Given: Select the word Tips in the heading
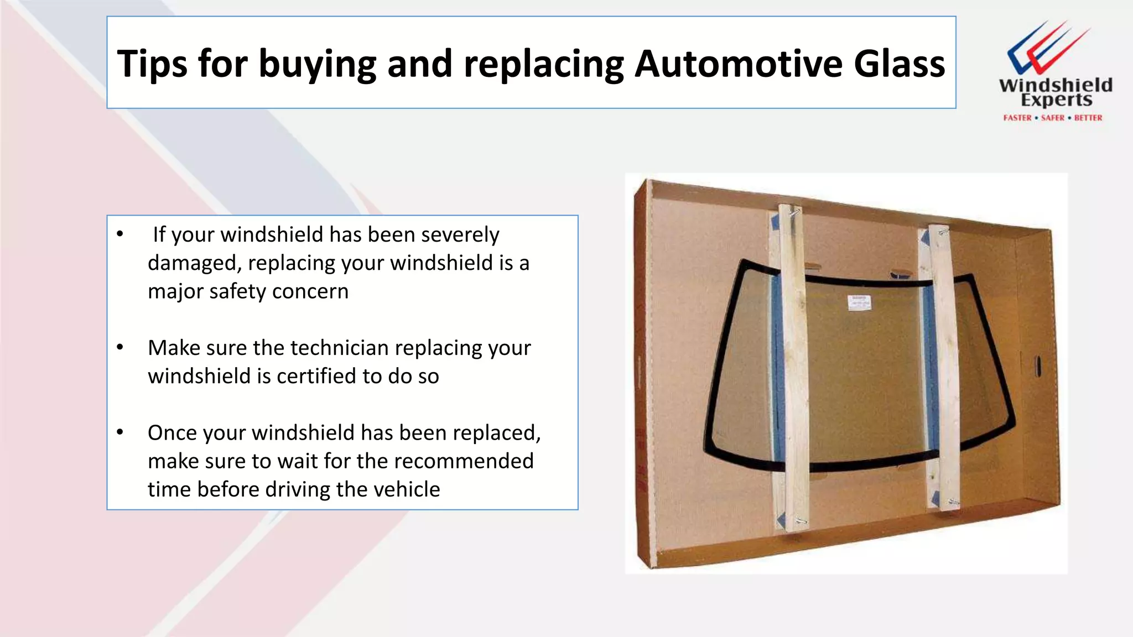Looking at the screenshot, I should coord(152,64).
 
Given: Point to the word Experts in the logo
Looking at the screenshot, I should coord(1056,100).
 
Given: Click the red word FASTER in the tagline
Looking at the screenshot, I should coord(1017,118).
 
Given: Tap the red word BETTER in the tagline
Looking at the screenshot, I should coord(1088,118).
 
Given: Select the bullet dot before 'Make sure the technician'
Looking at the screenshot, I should coord(120,347).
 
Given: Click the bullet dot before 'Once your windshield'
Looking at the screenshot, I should coord(120,432).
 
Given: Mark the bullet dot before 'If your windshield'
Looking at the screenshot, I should coord(120,234).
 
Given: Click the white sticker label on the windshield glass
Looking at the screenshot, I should coord(859,302).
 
